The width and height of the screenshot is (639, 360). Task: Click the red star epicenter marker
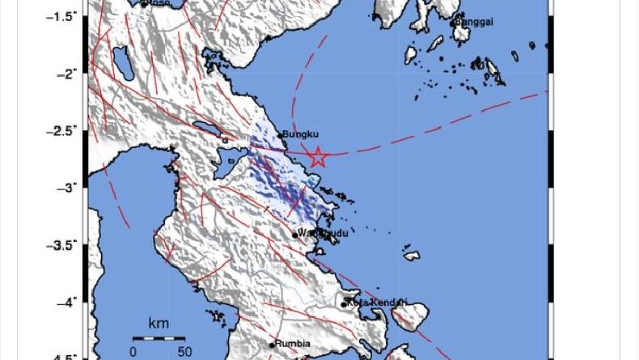coord(318,158)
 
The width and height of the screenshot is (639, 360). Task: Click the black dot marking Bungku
coord(280,136)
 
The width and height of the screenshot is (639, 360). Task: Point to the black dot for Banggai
coord(454,23)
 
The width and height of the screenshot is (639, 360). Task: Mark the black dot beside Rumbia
coord(273,345)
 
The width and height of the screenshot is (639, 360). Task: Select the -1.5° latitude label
coord(66,15)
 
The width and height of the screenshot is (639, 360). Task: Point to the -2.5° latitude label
coord(66,129)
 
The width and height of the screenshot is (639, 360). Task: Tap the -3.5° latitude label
coord(66,244)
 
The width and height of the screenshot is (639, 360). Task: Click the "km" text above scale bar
coord(159,324)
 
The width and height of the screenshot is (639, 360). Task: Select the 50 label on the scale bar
coord(184,351)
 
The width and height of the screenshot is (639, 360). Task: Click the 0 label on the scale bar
coord(133,351)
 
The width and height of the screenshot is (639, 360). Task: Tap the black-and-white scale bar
coord(159,337)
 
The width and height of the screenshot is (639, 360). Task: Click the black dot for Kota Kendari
coord(345,304)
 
